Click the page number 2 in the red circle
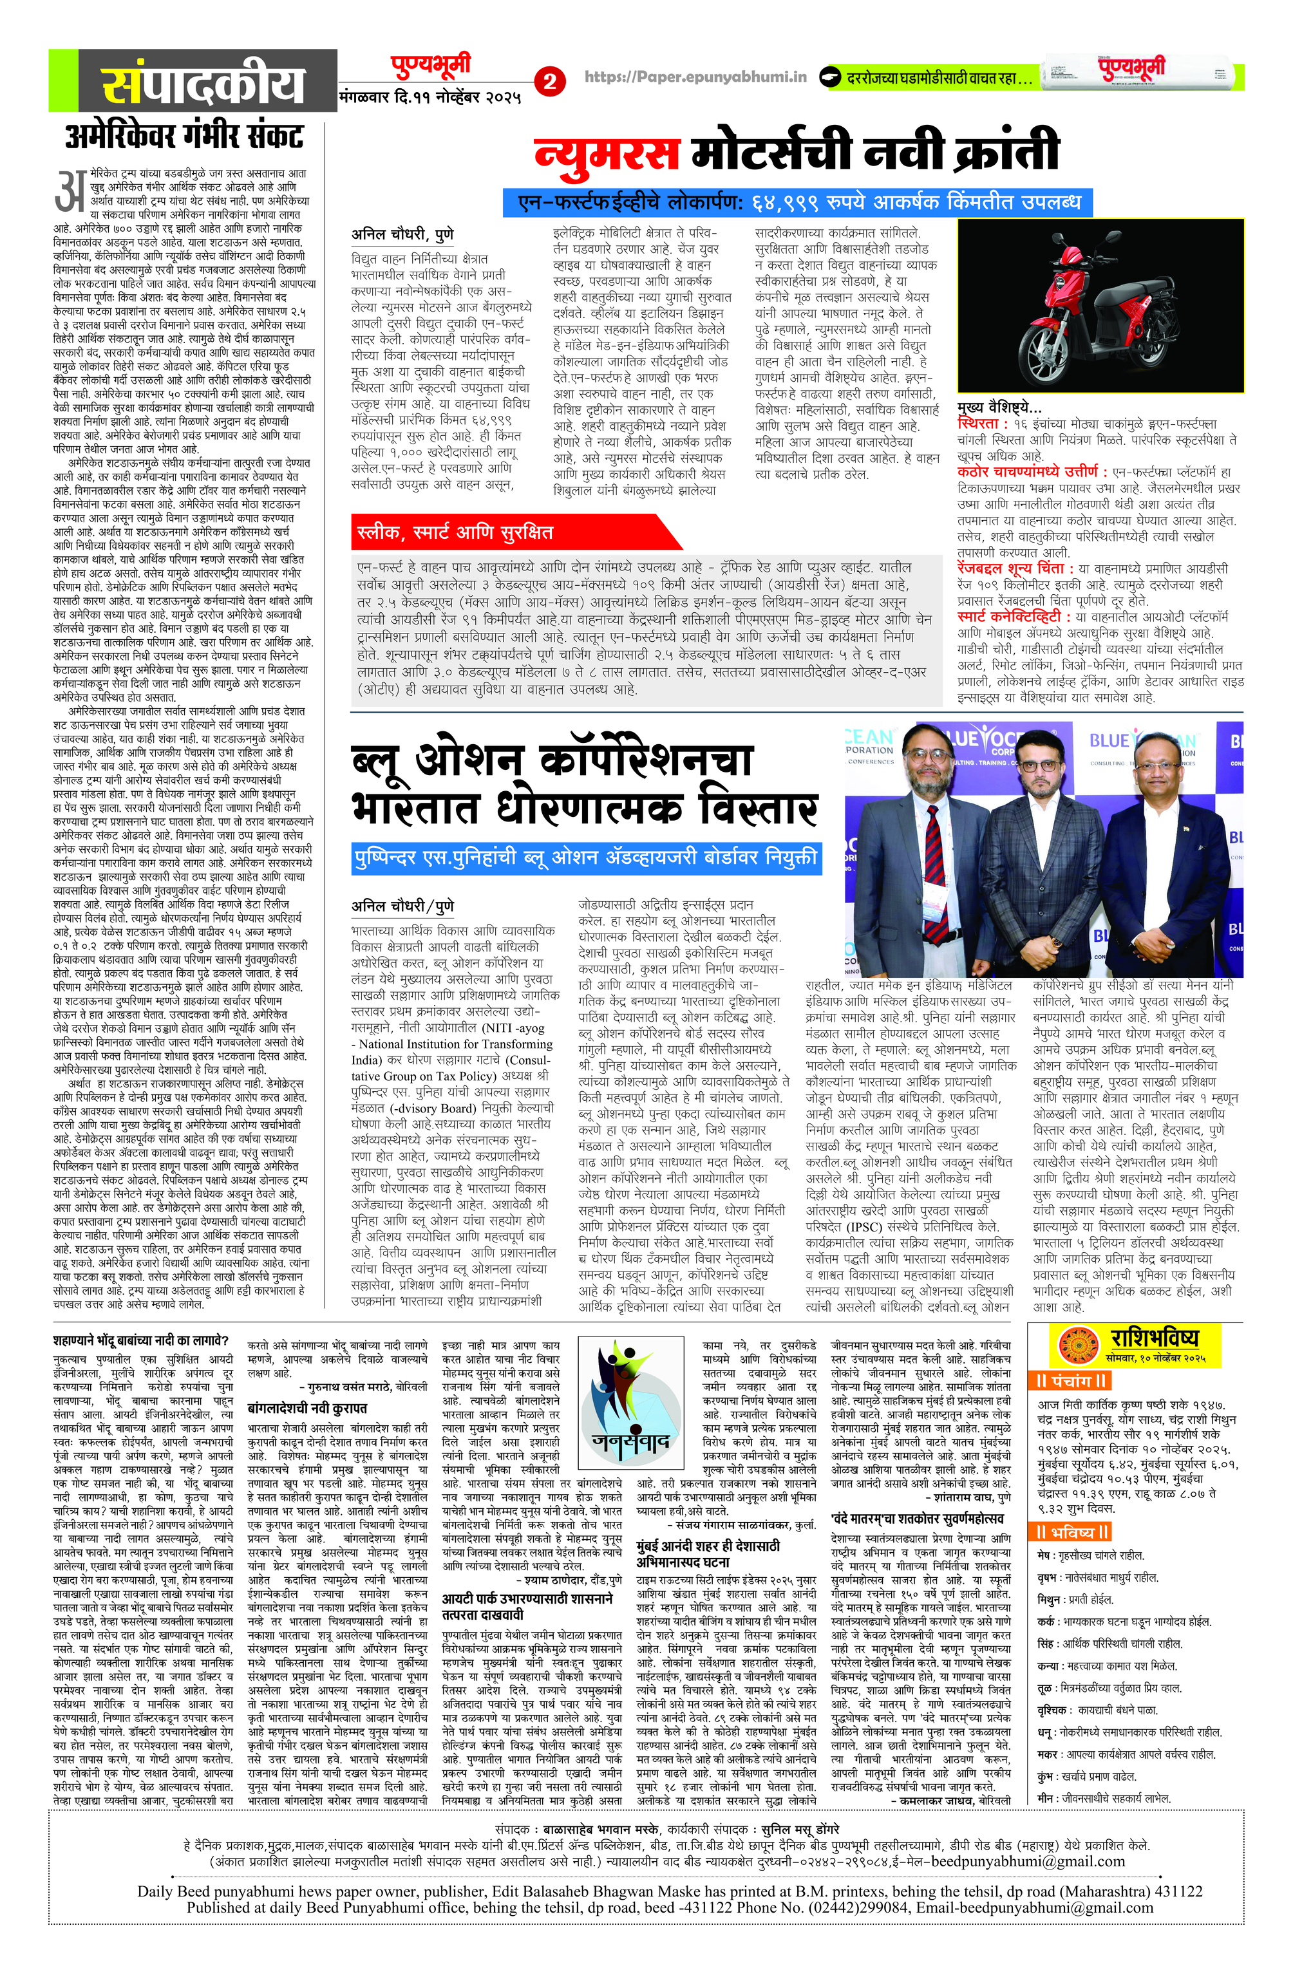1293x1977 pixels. (549, 81)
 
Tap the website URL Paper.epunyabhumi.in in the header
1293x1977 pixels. (695, 77)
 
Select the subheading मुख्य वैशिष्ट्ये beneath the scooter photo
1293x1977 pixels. (999, 407)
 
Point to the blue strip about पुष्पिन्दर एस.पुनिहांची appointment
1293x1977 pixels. (586, 857)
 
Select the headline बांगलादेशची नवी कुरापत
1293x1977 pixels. (307, 1408)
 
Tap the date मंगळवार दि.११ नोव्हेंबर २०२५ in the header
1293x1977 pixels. (429, 97)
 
